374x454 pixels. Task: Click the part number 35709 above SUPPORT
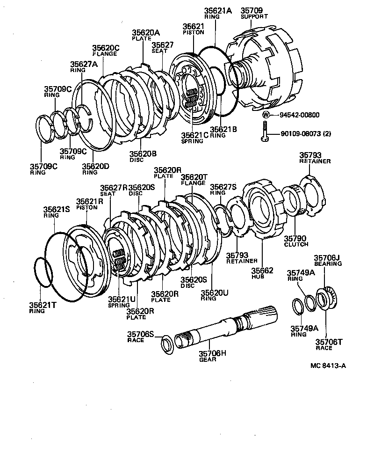click(x=252, y=10)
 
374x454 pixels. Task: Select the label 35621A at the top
click(x=217, y=10)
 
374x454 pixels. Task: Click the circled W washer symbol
click(x=266, y=114)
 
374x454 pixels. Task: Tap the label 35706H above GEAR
click(x=212, y=353)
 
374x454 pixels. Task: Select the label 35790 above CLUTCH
click(x=296, y=238)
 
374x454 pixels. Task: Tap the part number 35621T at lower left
click(x=43, y=304)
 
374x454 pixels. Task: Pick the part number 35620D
click(x=96, y=166)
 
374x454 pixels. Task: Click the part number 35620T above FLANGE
click(x=194, y=177)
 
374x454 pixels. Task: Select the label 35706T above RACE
click(x=329, y=342)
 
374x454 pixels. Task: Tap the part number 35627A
click(x=85, y=64)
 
